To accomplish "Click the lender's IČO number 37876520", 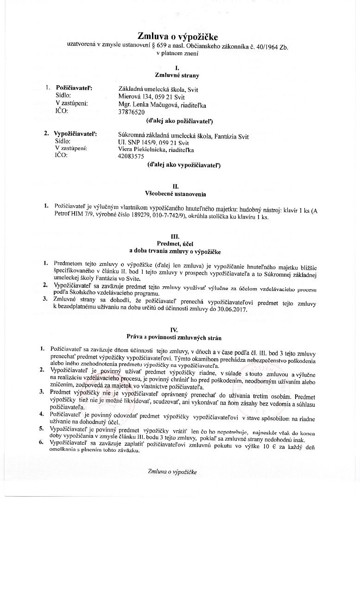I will (132, 112).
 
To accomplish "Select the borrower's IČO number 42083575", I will (132, 157).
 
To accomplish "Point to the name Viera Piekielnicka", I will (144, 150).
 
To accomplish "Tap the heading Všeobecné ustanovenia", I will (176, 194).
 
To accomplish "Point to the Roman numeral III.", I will (175, 235).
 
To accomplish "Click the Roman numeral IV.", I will (174, 329).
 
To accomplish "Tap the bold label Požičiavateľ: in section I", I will (74, 87).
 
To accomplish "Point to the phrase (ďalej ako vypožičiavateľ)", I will (183, 164).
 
